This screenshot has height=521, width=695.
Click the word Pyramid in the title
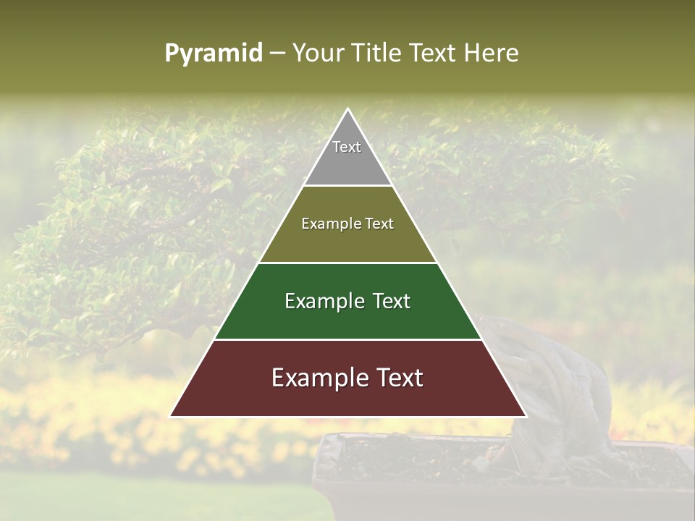pos(214,54)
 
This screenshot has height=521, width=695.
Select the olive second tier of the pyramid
pos(347,242)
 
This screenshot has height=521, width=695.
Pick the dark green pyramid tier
pos(347,318)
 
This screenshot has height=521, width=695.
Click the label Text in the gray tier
pos(347,147)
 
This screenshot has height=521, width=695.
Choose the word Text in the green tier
pos(389,301)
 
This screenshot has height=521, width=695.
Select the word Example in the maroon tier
pos(318,378)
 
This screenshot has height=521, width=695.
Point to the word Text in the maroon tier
pos(396,378)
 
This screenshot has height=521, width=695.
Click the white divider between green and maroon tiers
pos(347,339)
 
